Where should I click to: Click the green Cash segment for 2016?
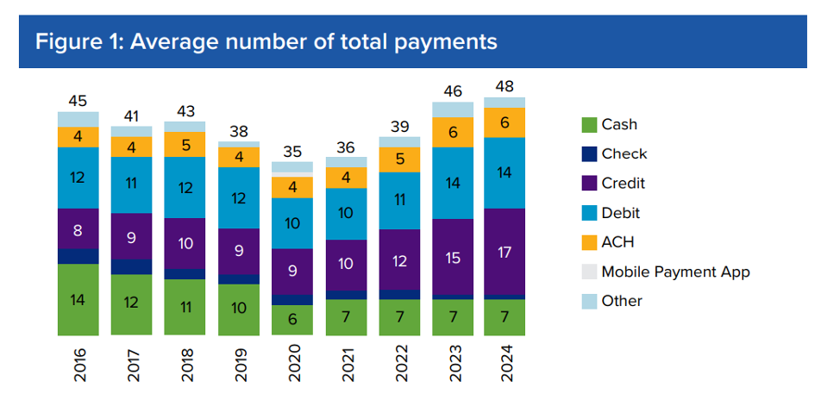coord(78,299)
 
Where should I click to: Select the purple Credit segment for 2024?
coord(505,252)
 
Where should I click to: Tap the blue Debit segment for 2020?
coord(292,223)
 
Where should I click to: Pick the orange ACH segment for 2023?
coord(453,133)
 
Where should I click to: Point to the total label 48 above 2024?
coord(505,87)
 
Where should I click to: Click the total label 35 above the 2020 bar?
coord(292,152)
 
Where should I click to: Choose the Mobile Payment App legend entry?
coord(675,272)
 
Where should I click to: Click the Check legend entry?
coord(624,153)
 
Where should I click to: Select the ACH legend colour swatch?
coord(589,242)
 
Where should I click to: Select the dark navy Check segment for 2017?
coord(131,266)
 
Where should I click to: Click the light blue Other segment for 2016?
coord(78,119)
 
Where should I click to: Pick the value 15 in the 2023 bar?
coord(453,257)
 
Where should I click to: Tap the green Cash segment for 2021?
coord(346,317)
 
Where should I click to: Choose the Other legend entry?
coord(622,301)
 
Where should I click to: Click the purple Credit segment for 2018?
coord(185,243)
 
